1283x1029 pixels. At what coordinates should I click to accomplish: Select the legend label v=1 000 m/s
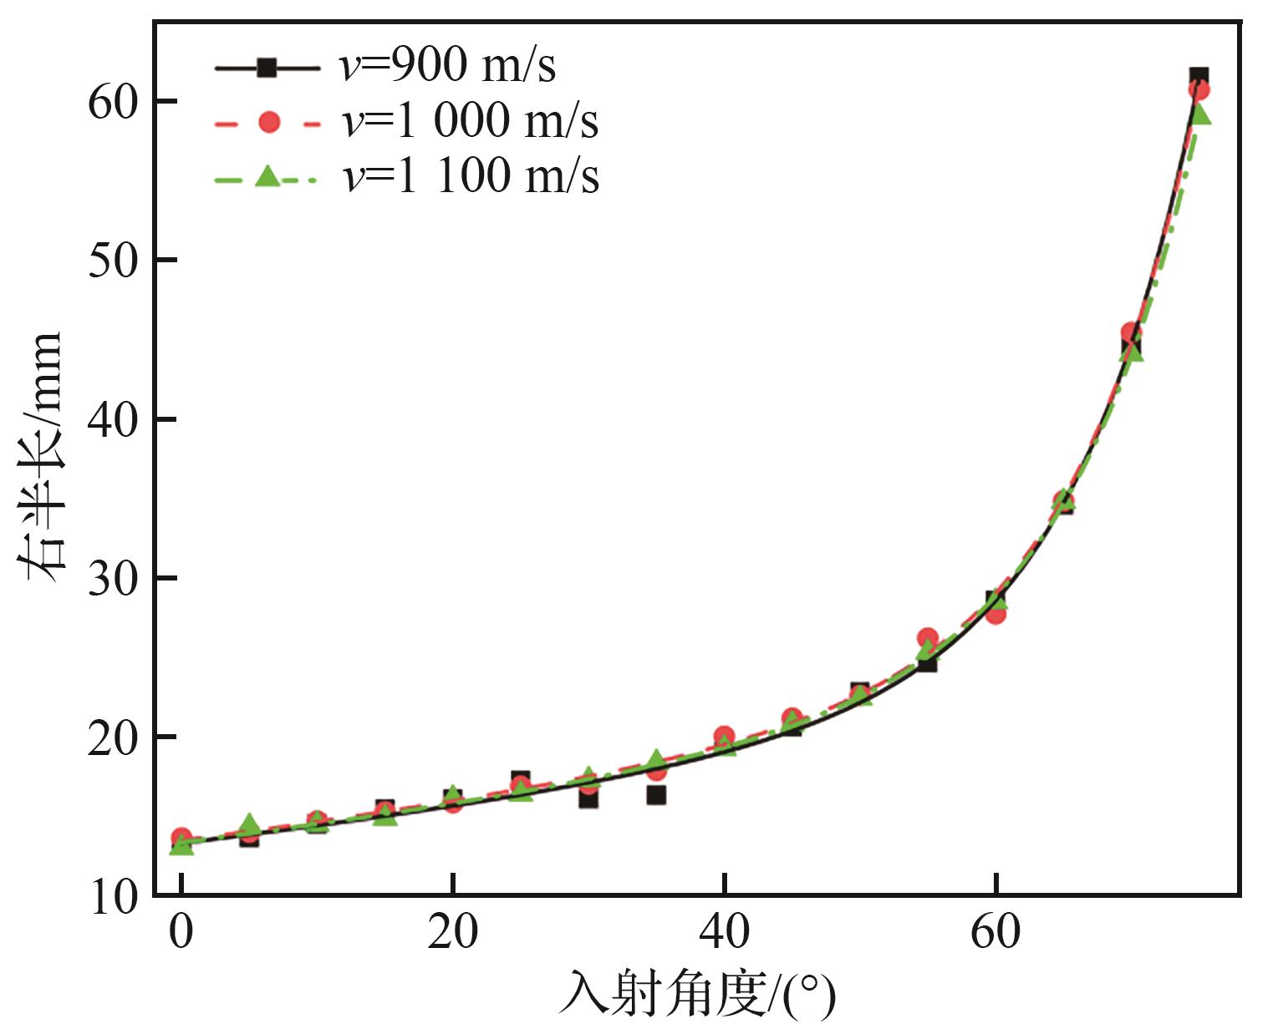pos(470,122)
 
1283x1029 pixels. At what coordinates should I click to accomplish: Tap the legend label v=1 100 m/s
pos(470,177)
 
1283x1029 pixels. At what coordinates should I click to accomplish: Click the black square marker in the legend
pos(267,68)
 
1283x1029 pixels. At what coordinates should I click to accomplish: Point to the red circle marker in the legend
pos(268,123)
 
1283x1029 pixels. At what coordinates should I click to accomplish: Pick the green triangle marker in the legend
pos(267,176)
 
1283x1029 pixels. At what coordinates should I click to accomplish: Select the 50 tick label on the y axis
pos(114,261)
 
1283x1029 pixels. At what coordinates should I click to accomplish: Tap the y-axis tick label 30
pos(114,579)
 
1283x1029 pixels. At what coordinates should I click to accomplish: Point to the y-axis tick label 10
pos(114,898)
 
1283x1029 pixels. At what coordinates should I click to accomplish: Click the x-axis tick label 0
pos(181,932)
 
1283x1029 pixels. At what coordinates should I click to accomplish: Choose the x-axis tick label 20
pos(452,932)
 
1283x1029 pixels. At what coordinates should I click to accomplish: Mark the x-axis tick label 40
pos(724,932)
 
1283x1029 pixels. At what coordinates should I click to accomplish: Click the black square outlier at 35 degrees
pos(656,795)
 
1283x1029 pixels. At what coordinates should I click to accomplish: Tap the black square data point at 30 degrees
pos(588,798)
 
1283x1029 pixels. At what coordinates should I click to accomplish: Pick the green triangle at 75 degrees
pos(1200,114)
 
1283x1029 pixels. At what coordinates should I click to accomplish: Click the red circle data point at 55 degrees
pos(927,638)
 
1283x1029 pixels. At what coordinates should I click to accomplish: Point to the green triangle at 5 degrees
pos(249,824)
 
